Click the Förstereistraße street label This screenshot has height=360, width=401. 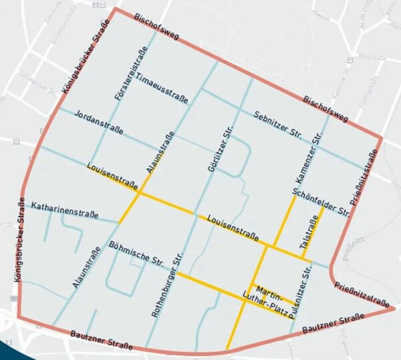131,75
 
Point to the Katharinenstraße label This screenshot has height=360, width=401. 65,209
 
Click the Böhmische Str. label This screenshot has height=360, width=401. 136,251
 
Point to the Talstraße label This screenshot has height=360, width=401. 310,234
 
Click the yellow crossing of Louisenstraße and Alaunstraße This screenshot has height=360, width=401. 140,194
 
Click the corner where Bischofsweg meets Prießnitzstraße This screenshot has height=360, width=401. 381,139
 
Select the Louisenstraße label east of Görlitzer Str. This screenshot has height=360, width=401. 233,227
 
